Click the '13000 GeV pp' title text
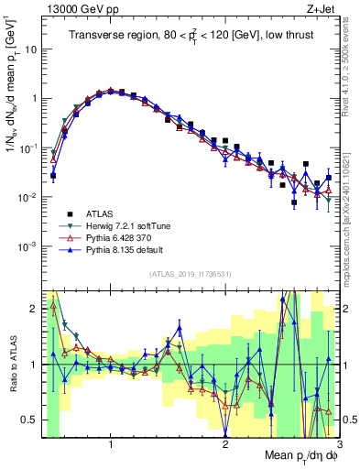click(80, 8)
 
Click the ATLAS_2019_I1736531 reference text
click(191, 274)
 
